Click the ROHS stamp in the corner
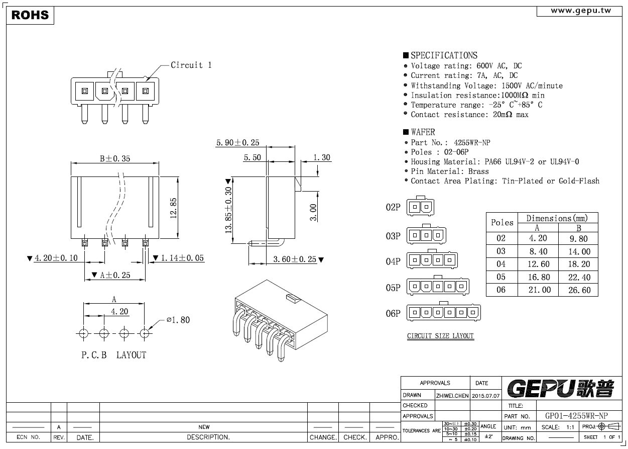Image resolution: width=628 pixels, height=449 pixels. coord(30,15)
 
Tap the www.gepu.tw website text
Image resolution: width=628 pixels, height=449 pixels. coord(581,11)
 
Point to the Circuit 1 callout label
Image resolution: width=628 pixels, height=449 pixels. coord(191,65)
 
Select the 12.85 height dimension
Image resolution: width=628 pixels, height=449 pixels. coord(173,208)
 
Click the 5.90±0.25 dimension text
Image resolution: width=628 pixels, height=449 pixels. coord(238,142)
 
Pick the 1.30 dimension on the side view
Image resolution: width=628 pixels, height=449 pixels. coord(322,157)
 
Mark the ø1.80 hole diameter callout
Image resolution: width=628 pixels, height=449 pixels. coord(178,320)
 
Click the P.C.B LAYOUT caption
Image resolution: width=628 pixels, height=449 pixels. coord(114,355)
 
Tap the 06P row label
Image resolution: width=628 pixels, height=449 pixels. coord(393,313)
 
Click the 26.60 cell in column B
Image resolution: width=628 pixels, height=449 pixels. coord(579,290)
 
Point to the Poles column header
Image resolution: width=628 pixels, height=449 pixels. coord(502,222)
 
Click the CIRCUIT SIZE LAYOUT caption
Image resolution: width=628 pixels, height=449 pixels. coord(440,336)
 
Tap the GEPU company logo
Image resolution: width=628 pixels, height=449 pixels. coord(561,389)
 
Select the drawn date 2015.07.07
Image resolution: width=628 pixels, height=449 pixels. coord(485,396)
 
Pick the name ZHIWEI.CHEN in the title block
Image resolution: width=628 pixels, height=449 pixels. coord(452,396)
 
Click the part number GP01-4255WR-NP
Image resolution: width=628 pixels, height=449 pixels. coord(576,416)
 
